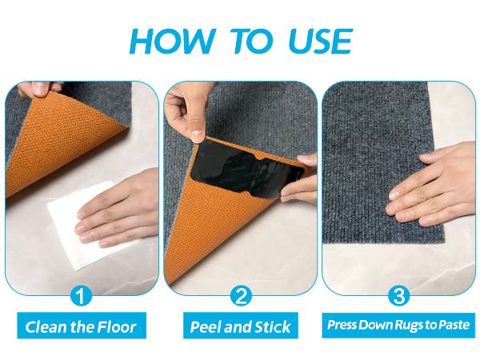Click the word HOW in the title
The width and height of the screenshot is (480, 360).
point(173,42)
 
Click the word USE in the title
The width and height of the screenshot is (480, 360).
point(321,42)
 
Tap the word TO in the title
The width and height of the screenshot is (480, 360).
point(251,42)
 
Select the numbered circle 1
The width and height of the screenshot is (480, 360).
point(81,296)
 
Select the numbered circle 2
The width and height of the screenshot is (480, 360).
point(242,296)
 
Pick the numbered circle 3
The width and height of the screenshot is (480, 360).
point(399,296)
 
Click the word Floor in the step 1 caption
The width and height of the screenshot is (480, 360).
point(117,327)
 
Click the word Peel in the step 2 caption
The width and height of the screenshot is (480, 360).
point(206,327)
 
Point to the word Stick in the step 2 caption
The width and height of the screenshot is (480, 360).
point(273,327)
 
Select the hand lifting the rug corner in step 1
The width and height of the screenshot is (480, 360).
point(39,89)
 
